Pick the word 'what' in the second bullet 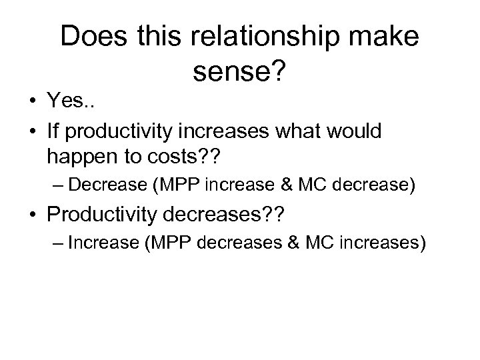[298, 131]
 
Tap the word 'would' [355, 131]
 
